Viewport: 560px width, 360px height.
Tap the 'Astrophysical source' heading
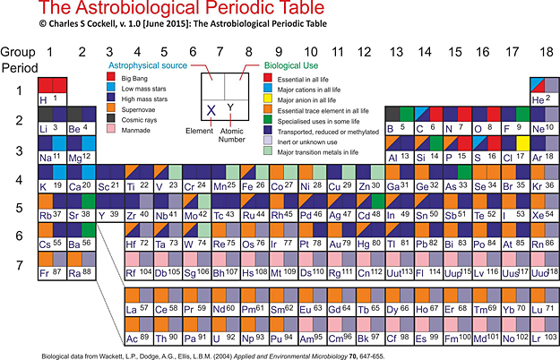click(148, 66)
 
